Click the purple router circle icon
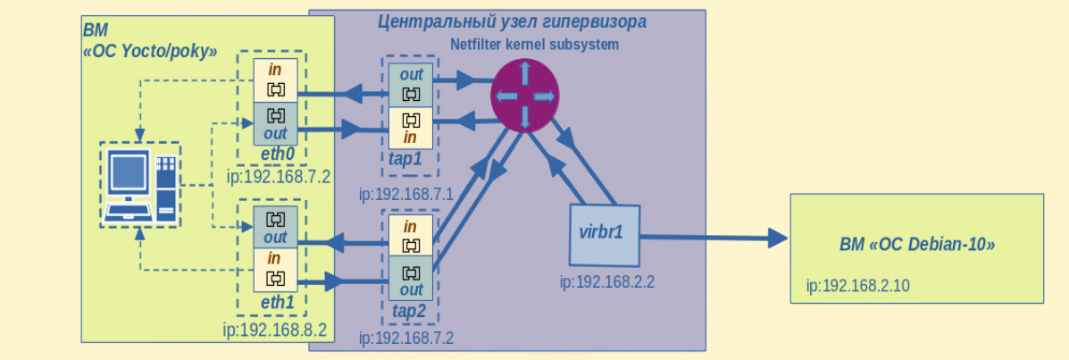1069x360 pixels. pos(525,95)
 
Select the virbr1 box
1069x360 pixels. pos(605,235)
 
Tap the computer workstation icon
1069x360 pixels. pos(140,185)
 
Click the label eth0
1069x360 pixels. pos(277,155)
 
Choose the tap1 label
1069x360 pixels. pos(409,158)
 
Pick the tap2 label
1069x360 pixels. pos(411,311)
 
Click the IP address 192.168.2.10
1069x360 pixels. pos(857,286)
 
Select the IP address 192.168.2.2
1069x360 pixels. pos(606,281)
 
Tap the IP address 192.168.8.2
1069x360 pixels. pos(275,331)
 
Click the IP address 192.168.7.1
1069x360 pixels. pos(406,195)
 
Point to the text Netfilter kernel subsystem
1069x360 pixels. pos(534,45)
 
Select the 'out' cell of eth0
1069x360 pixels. pos(275,123)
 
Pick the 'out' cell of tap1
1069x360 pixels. pos(411,85)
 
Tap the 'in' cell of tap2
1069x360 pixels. pos(411,235)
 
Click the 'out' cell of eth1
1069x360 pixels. pos(275,227)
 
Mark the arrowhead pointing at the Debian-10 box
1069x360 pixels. pos(778,238)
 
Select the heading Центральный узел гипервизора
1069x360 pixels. pos(512,21)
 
